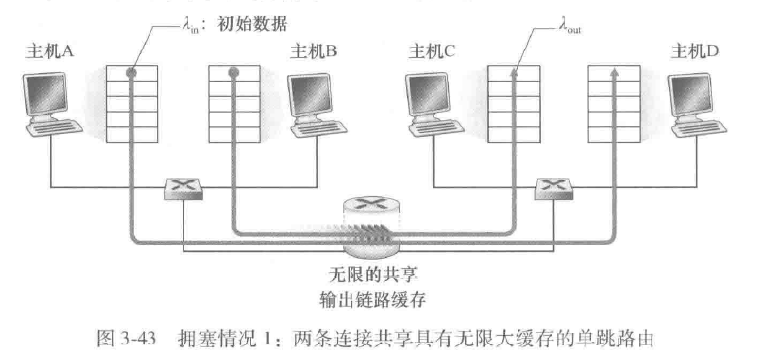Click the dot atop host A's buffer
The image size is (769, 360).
click(x=128, y=72)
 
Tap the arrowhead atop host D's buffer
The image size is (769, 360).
click(x=613, y=71)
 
